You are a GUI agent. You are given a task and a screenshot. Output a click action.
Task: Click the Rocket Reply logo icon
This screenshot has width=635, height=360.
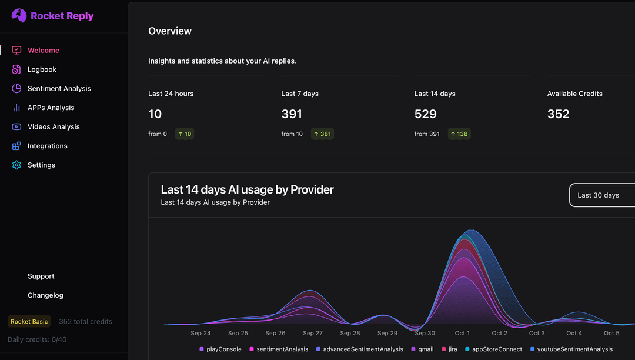coord(19,15)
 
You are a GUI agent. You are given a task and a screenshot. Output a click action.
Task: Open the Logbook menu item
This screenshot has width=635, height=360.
coord(42,69)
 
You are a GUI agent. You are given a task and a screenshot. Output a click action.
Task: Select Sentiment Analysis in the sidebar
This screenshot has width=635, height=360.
coord(59,89)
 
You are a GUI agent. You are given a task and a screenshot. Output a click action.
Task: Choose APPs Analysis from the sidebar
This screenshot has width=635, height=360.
coord(51,108)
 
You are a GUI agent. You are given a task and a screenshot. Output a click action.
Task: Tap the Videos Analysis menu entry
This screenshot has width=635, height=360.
coord(54,127)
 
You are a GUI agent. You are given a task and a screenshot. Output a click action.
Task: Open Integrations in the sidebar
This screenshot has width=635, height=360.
coord(47,146)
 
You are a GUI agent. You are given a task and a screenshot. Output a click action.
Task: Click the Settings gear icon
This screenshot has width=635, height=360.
coord(16,165)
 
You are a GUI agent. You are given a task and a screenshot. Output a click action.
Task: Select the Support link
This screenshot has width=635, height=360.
coord(41,276)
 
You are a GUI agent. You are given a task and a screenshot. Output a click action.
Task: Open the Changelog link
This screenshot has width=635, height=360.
coord(45,295)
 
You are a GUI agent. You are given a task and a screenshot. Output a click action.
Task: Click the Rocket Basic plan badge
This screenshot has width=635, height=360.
coord(29,322)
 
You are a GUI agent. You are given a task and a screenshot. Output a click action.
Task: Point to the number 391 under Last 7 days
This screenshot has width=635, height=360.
coord(292,114)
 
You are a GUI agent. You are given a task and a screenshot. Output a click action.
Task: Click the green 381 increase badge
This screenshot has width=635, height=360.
coord(322,134)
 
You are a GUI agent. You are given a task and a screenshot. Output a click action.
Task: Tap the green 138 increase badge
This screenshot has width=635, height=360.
coord(459,134)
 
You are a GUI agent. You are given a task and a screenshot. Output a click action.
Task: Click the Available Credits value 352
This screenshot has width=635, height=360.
coord(558,114)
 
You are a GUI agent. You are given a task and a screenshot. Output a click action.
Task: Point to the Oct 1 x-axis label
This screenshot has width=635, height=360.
coord(462,334)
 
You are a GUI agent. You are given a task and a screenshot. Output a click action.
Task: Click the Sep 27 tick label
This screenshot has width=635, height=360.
coord(312,334)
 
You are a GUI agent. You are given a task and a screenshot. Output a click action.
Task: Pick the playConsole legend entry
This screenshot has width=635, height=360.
coord(220,349)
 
